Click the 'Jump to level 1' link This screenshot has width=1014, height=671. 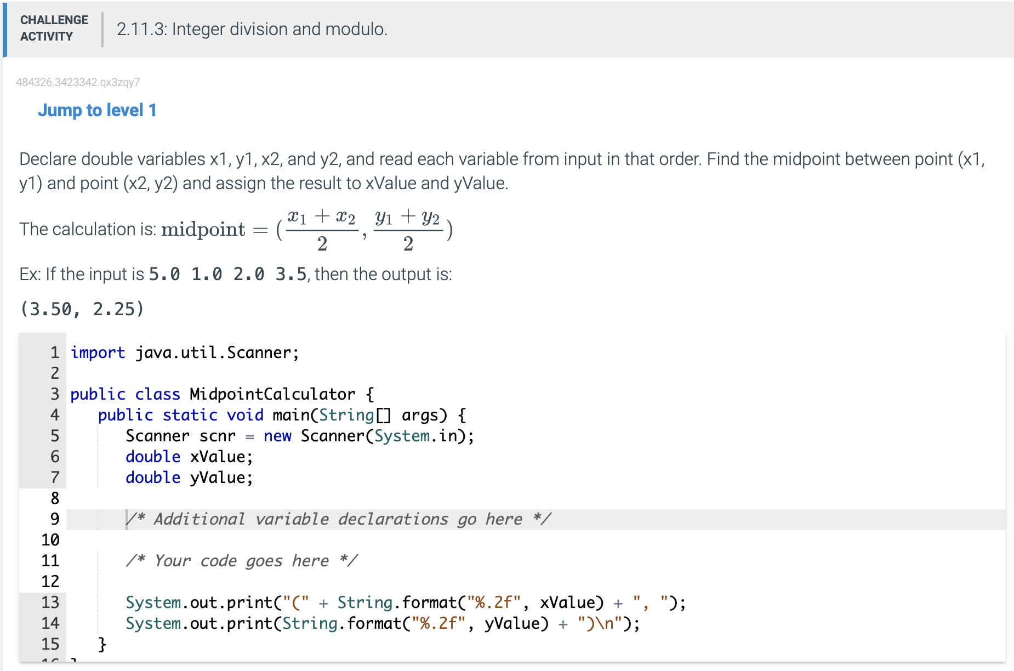97,110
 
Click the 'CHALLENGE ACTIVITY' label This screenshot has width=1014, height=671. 54,28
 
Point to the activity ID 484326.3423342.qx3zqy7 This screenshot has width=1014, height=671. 78,82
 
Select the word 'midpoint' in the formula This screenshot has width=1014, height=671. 203,229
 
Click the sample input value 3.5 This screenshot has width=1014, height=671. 290,274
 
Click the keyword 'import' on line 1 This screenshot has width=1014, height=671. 98,352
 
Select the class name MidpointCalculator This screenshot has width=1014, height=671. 272,394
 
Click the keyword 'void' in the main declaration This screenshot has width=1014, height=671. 245,415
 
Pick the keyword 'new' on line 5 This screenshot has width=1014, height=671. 277,436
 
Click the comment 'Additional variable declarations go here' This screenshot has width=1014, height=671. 339,519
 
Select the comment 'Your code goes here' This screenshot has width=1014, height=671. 242,561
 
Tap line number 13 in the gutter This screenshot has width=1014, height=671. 50,602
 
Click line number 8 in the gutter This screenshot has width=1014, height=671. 55,498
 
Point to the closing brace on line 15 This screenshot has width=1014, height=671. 102,644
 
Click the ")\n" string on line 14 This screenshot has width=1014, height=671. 600,623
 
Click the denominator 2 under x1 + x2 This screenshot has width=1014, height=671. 322,243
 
